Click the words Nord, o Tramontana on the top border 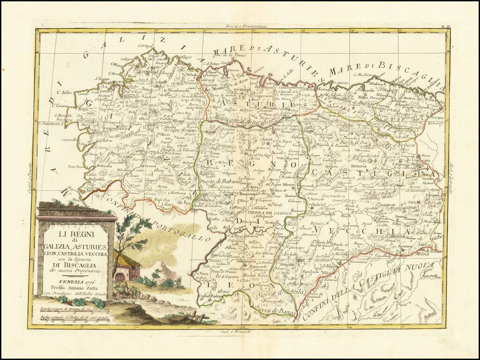tap(245, 27)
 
